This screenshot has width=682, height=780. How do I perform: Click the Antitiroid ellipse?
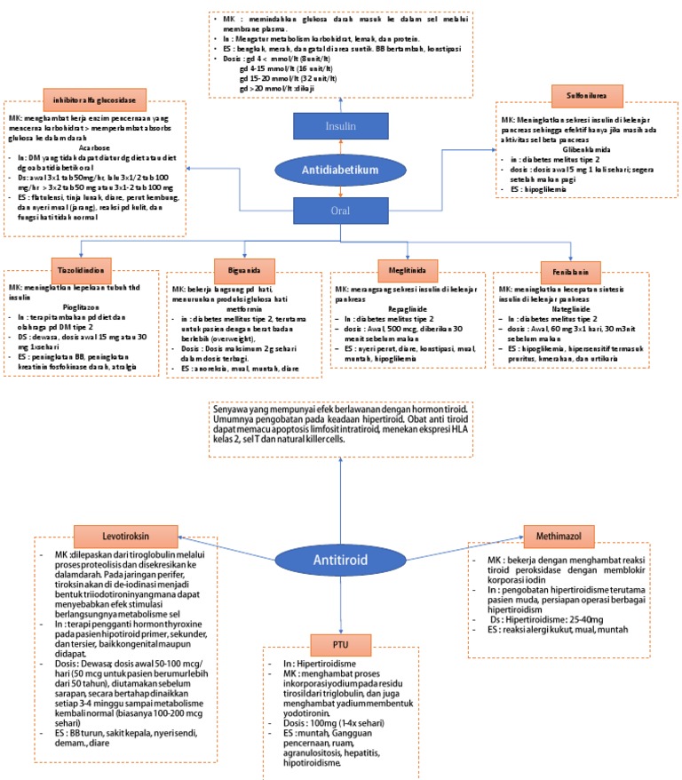(x=341, y=560)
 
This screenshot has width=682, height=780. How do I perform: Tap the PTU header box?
(x=341, y=641)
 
